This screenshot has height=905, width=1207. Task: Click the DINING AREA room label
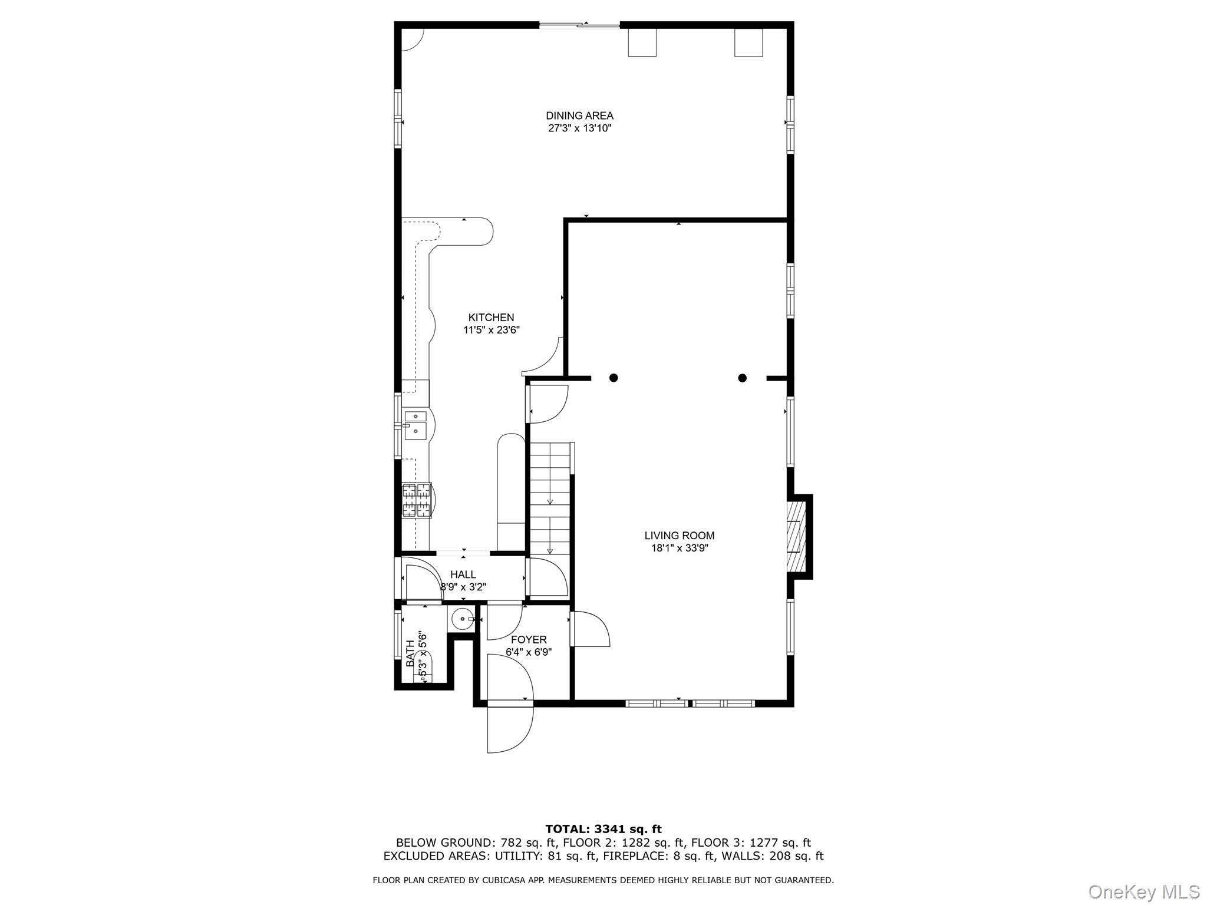pyautogui.click(x=579, y=115)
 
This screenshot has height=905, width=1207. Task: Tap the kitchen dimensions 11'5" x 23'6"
pyautogui.click(x=491, y=330)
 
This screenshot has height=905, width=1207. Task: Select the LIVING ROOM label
pyautogui.click(x=679, y=536)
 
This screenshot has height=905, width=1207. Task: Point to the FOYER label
pyautogui.click(x=529, y=640)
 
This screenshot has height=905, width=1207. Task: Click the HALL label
pyautogui.click(x=463, y=574)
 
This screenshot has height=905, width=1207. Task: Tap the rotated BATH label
pyautogui.click(x=410, y=653)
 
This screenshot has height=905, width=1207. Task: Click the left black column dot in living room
pyautogui.click(x=614, y=378)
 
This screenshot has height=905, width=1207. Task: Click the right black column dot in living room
pyautogui.click(x=743, y=378)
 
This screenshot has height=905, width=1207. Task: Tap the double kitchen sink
pyautogui.click(x=415, y=424)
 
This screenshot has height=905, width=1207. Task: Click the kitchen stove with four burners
pyautogui.click(x=417, y=500)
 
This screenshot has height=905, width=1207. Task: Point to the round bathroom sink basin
pyautogui.click(x=461, y=619)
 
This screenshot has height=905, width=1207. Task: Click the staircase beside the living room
pyautogui.click(x=550, y=498)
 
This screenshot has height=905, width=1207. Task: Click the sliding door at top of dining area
pyautogui.click(x=580, y=25)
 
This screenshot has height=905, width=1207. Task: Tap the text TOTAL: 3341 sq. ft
pyautogui.click(x=603, y=830)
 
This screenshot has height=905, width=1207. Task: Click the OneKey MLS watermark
pyautogui.click(x=1143, y=891)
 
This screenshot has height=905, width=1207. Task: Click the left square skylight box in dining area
pyautogui.click(x=642, y=43)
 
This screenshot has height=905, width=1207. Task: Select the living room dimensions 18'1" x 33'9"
pyautogui.click(x=679, y=548)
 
